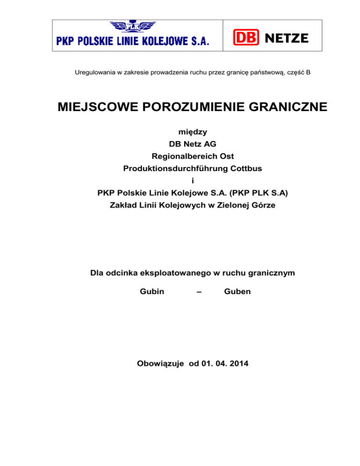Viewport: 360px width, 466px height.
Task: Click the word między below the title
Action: coord(180,132)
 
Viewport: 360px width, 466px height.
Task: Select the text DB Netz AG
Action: coord(180,144)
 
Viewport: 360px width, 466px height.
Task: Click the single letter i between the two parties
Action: coord(180,181)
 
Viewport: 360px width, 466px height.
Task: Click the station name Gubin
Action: coord(152,291)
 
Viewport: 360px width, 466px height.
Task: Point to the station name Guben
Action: coord(237,291)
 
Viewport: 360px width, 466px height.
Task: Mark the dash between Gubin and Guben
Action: coord(199,291)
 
